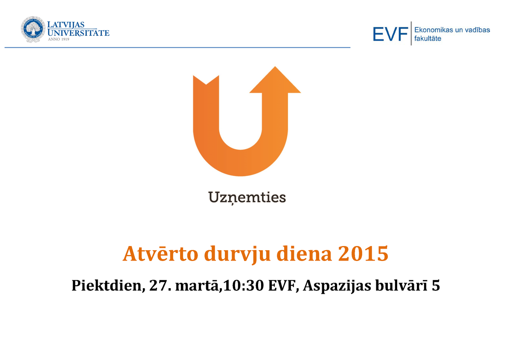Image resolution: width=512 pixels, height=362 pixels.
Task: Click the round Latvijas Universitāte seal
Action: [33, 29]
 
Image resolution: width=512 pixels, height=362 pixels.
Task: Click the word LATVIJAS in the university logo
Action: [66, 25]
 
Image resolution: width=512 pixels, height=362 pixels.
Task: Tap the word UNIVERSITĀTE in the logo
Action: [79, 33]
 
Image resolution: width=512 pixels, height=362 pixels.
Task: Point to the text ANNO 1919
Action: [58, 39]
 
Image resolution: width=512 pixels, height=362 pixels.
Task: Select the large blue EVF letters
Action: [390, 34]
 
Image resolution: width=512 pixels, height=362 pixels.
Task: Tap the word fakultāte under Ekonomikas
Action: [428, 38]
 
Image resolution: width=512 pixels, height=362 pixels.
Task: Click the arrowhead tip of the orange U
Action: [275, 67]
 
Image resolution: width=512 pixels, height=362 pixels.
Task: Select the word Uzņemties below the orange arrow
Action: [247, 197]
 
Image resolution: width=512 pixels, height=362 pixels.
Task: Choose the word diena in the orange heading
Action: [304, 254]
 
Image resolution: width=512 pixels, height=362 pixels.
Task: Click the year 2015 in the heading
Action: [363, 254]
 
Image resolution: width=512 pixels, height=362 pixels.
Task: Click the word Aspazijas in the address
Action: [337, 286]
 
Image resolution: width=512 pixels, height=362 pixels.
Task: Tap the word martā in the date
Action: [197, 286]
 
